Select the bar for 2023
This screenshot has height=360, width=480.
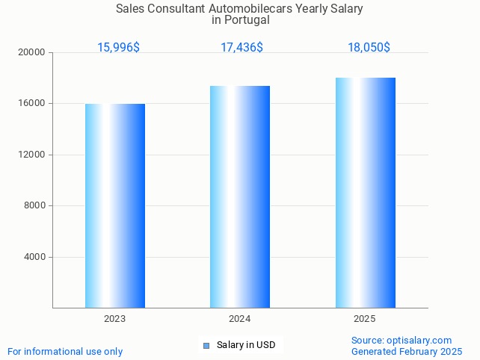pos(115,205)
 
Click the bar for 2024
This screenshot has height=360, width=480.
pos(240,196)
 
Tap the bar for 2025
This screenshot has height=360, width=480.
pos(365,193)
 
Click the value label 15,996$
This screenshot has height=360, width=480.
pos(118,48)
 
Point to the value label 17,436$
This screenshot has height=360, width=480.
pos(241,48)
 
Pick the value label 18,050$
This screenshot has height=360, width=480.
pos(369,48)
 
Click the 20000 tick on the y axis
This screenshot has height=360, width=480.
pos(33,53)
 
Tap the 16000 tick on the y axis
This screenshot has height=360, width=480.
pos(33,104)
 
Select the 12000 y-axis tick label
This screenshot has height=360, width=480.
pos(33,155)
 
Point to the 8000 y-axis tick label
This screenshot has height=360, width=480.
pos(35,206)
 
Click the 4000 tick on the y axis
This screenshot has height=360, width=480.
pos(35,257)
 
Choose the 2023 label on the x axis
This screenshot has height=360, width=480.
pos(114,319)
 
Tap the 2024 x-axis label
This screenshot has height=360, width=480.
pos(239,319)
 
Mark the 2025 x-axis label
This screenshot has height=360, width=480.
pos(364,319)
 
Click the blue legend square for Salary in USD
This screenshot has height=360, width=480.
pos(206,345)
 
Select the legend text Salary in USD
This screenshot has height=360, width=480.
pos(246,345)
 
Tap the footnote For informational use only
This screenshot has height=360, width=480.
pos(65,351)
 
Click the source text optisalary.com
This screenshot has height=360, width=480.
pos(419,340)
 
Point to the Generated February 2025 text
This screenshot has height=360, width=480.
pos(407,351)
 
